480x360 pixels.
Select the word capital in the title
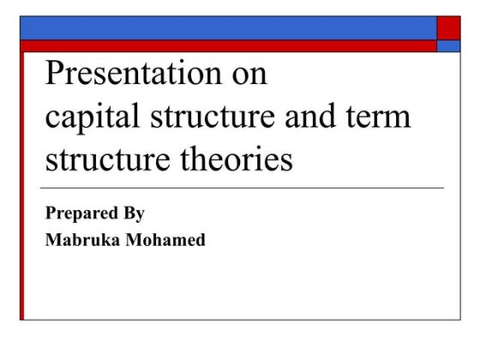91,117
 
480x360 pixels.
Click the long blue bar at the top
228,27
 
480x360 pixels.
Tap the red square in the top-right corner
448,27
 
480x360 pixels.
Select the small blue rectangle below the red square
448,46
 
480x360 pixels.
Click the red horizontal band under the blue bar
228,46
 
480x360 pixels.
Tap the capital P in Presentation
53,75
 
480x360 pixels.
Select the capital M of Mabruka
52,240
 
